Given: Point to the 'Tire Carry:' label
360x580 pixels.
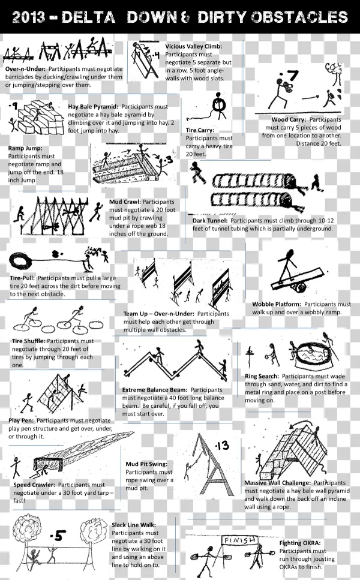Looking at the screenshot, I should (200, 130).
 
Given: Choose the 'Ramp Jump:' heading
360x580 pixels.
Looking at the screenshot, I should (25, 148).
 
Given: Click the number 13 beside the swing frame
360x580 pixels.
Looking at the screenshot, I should (223, 445).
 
